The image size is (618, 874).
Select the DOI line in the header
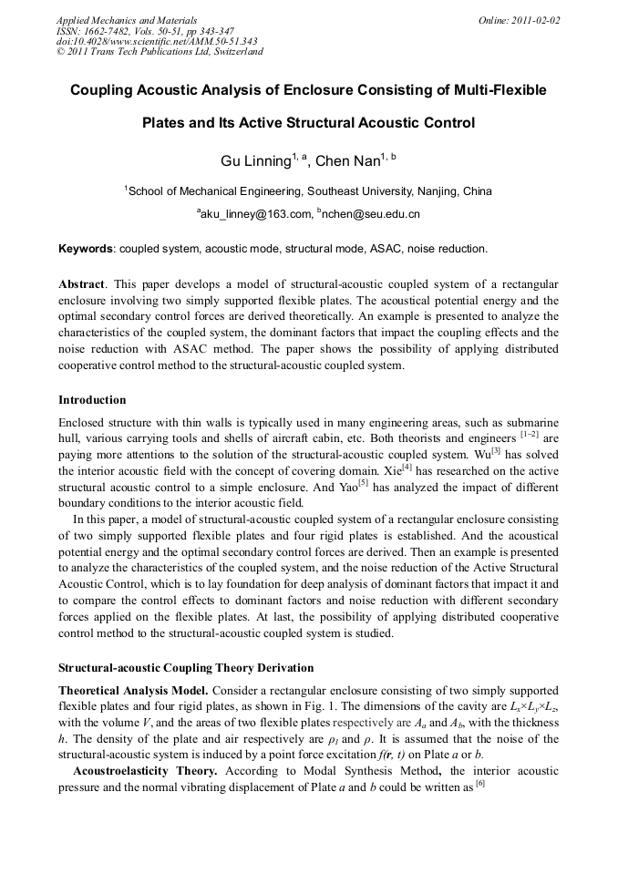tap(157, 41)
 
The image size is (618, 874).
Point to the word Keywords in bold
tap(86, 249)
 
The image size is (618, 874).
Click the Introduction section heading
tap(92, 399)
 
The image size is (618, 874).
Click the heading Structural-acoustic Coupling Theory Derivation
tap(186, 668)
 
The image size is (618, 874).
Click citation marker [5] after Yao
tap(363, 483)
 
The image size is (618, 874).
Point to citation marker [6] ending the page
tap(479, 784)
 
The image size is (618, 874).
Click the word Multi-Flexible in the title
tap(496, 90)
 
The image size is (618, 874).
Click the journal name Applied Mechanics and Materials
tap(126, 19)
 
